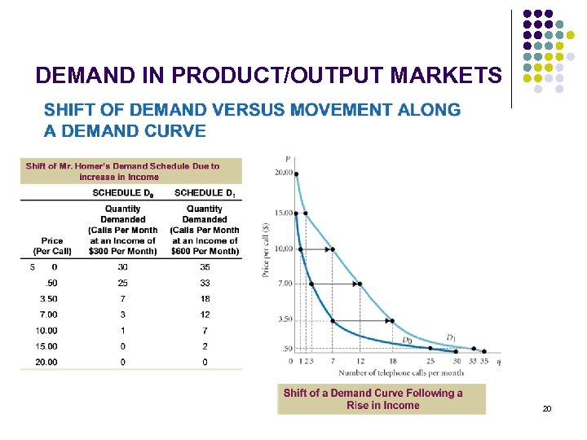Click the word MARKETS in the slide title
coord(446,76)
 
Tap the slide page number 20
coord(547,408)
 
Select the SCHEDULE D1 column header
coord(204,192)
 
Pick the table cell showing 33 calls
coord(205,283)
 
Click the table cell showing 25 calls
coord(122,283)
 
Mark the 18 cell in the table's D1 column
coord(205,298)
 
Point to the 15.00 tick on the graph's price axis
coord(283,213)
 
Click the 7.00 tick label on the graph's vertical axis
coord(284,283)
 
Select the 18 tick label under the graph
coord(392,360)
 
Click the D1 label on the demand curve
coord(451,337)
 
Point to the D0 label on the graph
coord(407,340)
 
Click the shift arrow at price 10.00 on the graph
coord(318,249)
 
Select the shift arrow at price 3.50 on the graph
coord(363,320)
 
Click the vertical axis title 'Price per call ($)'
coord(267,241)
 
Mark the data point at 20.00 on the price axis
coord(296,174)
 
